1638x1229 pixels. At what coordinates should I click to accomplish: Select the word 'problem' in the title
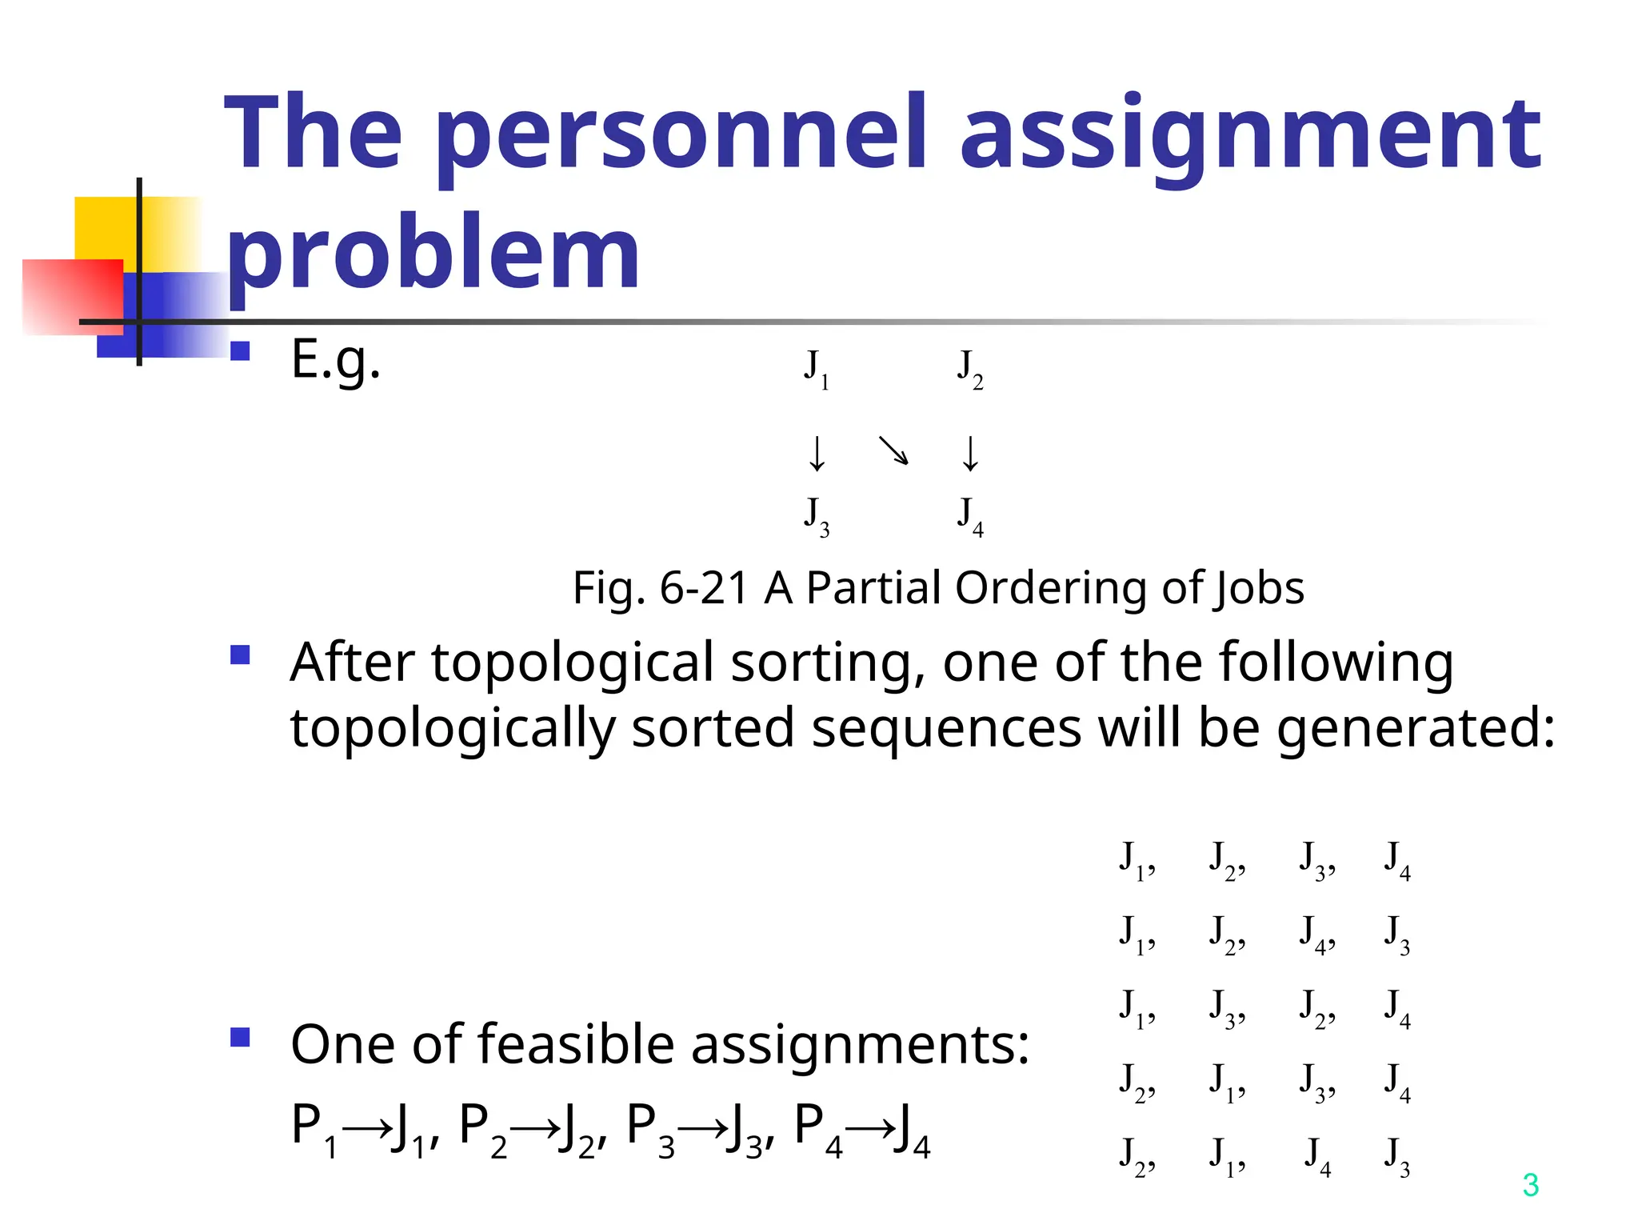pos(433,253)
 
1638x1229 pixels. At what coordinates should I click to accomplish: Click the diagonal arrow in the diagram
pos(893,450)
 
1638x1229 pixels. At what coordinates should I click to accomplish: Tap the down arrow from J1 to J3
pos(817,453)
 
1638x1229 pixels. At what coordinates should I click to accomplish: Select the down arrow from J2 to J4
pos(970,453)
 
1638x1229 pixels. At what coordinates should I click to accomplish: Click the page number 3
pos(1530,1185)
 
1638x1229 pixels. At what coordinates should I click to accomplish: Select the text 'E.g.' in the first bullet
pos(335,359)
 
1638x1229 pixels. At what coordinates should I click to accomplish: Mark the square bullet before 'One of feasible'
pos(240,1038)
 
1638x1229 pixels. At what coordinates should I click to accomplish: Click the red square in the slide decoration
pos(72,296)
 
